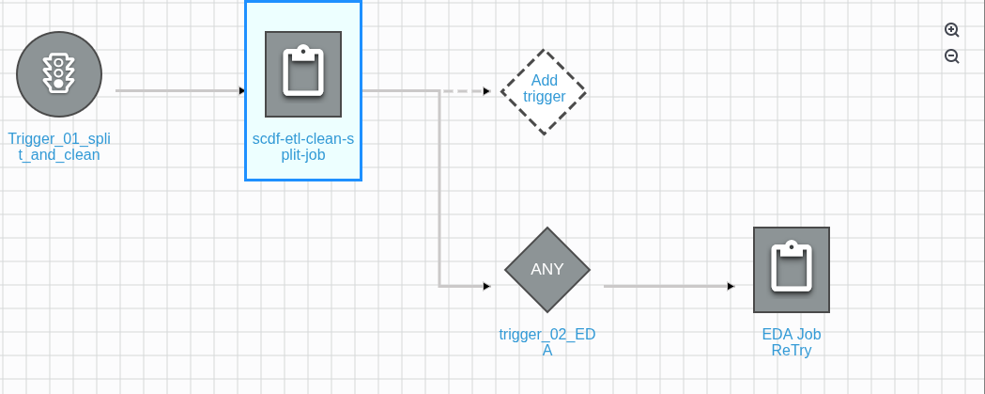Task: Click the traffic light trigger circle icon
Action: click(x=59, y=75)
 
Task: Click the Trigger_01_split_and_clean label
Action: click(x=59, y=147)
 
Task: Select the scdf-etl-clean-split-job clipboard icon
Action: click(x=303, y=74)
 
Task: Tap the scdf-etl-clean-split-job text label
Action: click(x=303, y=147)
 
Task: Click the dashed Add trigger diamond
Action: click(x=543, y=91)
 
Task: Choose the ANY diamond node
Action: click(x=547, y=269)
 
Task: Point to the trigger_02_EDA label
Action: click(x=547, y=342)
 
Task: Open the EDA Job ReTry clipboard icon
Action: click(x=792, y=270)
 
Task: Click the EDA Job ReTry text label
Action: click(x=792, y=342)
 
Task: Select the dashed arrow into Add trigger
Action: click(x=465, y=91)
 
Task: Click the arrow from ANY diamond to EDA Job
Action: click(x=667, y=286)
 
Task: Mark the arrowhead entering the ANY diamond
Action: click(x=486, y=286)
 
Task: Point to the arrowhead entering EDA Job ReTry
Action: click(x=731, y=286)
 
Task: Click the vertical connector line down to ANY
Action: click(x=439, y=188)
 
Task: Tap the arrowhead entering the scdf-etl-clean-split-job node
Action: click(x=241, y=91)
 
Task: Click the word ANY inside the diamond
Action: click(x=547, y=269)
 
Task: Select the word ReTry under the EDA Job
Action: click(x=792, y=351)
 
